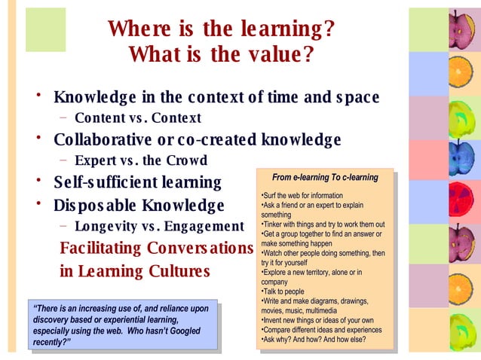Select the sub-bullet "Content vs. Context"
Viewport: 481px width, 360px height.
138,118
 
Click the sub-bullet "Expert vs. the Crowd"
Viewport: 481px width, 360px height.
141,160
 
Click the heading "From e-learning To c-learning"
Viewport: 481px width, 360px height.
325,178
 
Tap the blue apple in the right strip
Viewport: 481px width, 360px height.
459,159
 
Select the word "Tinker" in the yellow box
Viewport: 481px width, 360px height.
273,224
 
